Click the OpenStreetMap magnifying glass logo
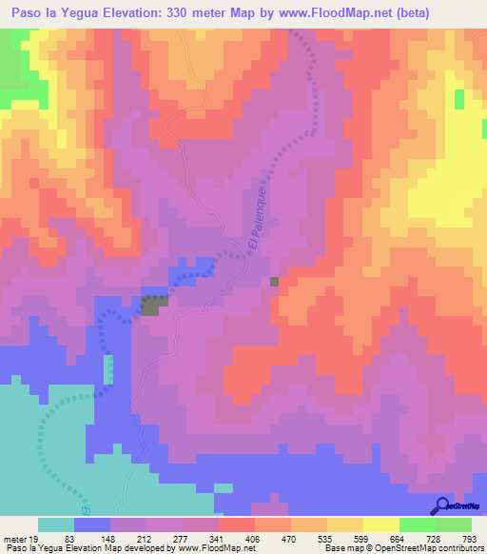[x=442, y=505]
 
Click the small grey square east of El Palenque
[x=275, y=282]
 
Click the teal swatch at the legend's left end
[x=56, y=524]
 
